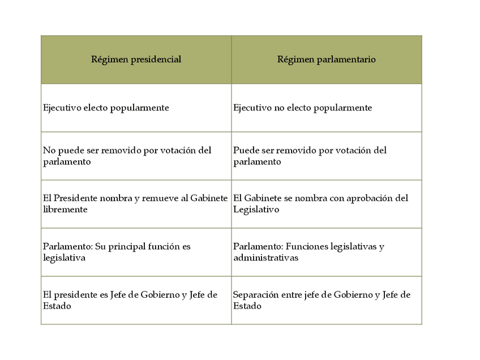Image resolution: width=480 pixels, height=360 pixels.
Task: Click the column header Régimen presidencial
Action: click(x=136, y=59)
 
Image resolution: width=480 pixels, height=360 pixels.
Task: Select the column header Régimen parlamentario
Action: click(x=326, y=59)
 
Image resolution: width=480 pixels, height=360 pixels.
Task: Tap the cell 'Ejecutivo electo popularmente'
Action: click(x=106, y=108)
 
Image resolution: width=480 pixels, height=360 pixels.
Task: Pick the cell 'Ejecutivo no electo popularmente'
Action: click(x=302, y=108)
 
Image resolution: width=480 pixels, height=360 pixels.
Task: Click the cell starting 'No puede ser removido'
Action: click(x=127, y=156)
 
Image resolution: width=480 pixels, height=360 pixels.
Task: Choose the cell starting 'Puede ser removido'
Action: click(x=310, y=156)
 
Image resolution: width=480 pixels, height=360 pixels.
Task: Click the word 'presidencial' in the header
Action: click(x=155, y=59)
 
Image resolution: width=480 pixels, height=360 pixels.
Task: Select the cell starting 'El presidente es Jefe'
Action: click(x=130, y=300)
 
